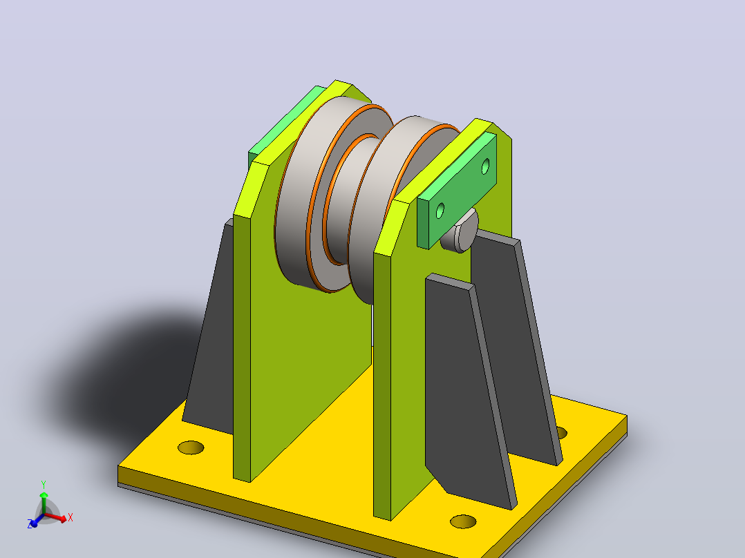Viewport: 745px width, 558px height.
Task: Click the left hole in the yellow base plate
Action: click(x=191, y=448)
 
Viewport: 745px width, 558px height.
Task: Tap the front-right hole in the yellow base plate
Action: click(x=463, y=521)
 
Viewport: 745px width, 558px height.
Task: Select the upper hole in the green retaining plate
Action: click(x=485, y=166)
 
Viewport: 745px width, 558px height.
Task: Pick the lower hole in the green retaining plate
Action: click(x=440, y=211)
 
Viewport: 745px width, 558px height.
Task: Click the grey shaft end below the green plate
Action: click(x=460, y=233)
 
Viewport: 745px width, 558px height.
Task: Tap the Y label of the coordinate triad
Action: click(x=44, y=485)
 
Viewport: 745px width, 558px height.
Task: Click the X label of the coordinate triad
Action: click(x=70, y=517)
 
